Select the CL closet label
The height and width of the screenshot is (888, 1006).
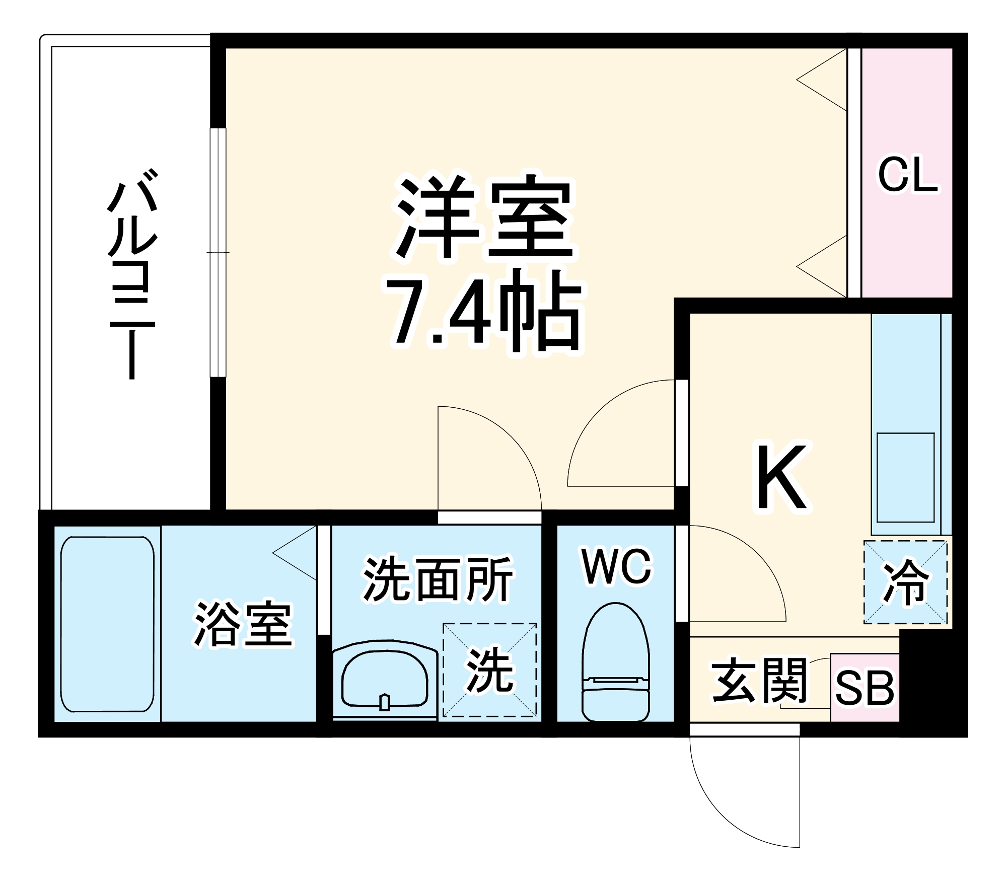pos(908,175)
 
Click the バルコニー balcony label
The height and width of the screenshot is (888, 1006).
pos(132,274)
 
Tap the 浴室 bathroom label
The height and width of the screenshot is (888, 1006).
pos(243,623)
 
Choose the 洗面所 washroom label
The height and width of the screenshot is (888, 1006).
pos(437,579)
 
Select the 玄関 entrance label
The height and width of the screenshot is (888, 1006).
pos(759,681)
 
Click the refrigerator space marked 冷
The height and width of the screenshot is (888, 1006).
pos(905,582)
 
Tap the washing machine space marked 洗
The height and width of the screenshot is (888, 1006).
pos(489,670)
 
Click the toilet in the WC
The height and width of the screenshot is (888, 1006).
pos(616,664)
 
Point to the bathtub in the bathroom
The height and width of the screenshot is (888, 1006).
pos(107,624)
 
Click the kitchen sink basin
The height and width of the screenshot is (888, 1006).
pos(905,477)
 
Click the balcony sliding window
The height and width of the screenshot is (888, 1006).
pos(218,252)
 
